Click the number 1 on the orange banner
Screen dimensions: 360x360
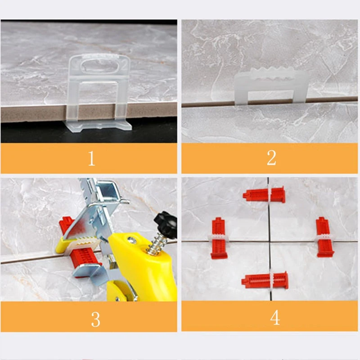(x=91, y=158)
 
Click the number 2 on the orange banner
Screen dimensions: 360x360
(x=271, y=158)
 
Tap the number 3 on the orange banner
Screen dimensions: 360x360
(x=95, y=319)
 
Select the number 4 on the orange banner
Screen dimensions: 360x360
(x=274, y=318)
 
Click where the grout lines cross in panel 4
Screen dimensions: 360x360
(x=270, y=242)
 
